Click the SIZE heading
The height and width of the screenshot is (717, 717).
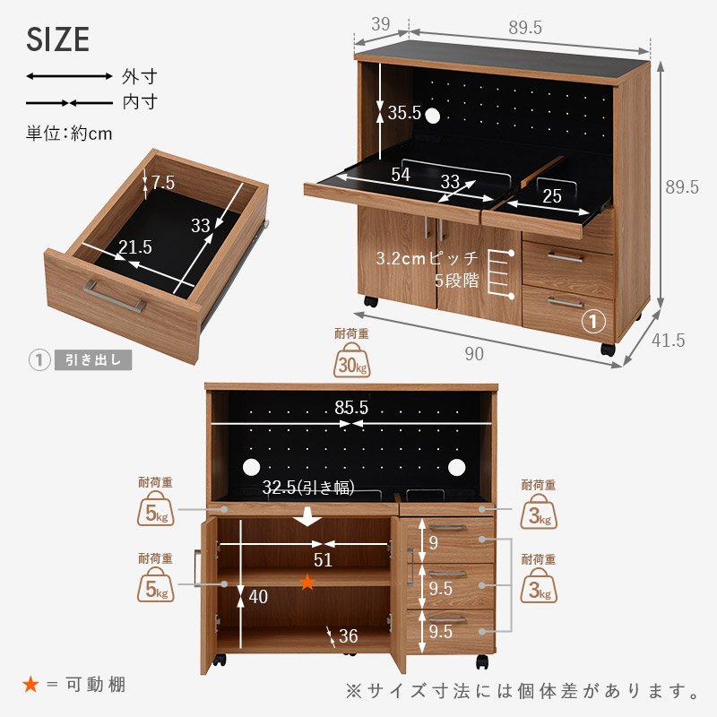coord(57,39)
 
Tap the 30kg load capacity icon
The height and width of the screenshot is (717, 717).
coord(351,360)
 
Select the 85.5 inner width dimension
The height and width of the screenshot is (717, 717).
coord(351,408)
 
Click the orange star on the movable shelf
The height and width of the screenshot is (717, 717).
coord(307,582)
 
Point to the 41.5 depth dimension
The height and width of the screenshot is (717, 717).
coord(668,341)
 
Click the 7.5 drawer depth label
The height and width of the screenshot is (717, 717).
coord(163,183)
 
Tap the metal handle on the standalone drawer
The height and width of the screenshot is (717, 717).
coord(115,297)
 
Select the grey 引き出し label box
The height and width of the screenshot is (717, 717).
coord(93,360)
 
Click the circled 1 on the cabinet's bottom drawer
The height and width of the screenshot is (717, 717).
coord(593,322)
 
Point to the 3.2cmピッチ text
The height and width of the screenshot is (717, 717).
coord(428,258)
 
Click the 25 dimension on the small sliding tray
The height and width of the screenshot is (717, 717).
coord(552,196)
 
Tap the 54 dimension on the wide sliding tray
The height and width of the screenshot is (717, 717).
coord(401,174)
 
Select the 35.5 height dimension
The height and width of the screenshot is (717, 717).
coord(404,113)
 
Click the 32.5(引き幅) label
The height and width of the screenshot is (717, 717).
coord(308,488)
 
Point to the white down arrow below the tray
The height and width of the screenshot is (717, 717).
coord(307,516)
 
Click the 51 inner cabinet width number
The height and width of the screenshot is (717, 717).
coord(323,560)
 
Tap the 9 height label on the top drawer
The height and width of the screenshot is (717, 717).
coord(434,543)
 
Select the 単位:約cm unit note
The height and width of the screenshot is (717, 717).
coord(69,134)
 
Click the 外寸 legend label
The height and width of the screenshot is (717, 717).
coord(140,76)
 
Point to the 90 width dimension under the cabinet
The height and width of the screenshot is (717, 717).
coord(474,354)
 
